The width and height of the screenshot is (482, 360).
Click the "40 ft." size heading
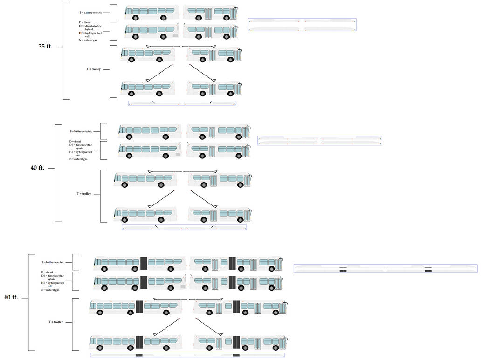pos(37,168)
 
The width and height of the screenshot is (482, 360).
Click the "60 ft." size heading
pos(11,297)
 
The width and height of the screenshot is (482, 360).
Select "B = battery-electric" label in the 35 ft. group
pos(90,13)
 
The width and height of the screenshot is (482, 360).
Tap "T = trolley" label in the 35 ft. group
pos(93,69)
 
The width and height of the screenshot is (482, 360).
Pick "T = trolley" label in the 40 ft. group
pos(84,193)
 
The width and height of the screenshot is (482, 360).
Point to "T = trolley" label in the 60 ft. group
pos(56,322)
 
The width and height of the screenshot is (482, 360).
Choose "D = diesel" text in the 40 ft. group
pos(75,141)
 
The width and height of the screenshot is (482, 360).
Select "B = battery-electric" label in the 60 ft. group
pos(53,262)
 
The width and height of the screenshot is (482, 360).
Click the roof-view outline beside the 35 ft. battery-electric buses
pos(302,25)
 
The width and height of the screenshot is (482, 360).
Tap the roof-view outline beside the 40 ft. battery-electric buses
pos(320,141)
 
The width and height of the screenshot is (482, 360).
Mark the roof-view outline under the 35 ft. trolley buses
pos(182,103)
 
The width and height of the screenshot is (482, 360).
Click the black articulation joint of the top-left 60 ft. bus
pos(144,263)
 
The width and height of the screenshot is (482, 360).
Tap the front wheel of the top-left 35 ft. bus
pos(136,18)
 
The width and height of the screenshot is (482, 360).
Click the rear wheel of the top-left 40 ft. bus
pos(165,136)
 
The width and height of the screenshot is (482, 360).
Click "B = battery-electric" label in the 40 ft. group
pos(81,131)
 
